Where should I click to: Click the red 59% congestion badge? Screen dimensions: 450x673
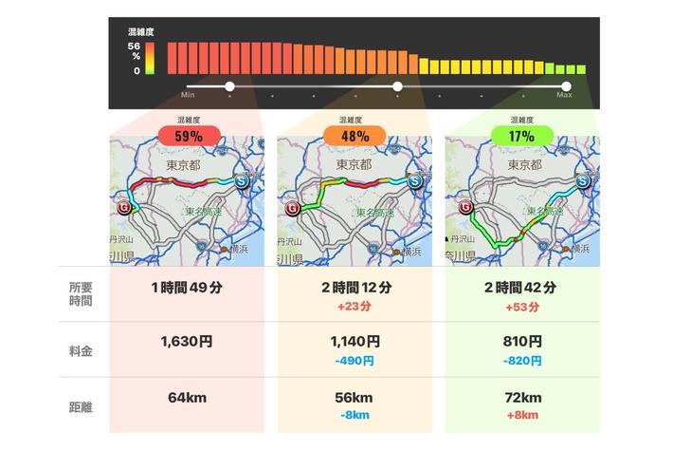point(187,137)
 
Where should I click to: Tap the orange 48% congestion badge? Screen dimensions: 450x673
point(355,137)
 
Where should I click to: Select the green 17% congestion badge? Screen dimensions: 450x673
point(521,137)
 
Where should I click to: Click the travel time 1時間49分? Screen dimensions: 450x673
point(187,289)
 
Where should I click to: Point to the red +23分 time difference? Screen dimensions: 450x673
point(355,307)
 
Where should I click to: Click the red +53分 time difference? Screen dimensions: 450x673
point(521,307)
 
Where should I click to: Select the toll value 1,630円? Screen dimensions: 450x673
point(187,342)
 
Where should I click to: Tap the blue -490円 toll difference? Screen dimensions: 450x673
point(355,361)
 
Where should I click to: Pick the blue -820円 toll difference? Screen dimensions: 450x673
point(521,361)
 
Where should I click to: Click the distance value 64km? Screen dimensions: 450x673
point(187,396)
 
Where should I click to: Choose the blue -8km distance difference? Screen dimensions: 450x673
point(355,415)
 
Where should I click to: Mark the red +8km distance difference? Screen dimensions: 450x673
point(521,415)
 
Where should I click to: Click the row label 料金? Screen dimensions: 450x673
point(81,350)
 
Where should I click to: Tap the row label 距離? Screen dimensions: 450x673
point(81,404)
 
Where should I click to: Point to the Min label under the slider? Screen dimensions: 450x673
point(188,96)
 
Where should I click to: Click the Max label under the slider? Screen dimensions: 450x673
point(564,96)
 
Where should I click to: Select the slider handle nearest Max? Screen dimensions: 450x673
point(566,86)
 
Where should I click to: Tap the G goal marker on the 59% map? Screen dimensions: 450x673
point(122,206)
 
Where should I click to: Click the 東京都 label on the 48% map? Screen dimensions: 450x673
point(350,165)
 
